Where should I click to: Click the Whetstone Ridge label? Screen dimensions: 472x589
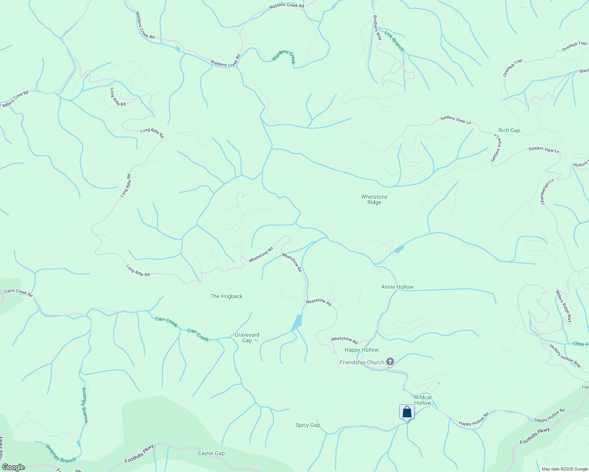pyautogui.click(x=374, y=199)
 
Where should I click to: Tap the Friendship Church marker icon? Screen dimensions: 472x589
pyautogui.click(x=390, y=362)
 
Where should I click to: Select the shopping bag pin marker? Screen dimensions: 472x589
pyautogui.click(x=407, y=413)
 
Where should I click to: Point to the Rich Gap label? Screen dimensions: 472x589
pyautogui.click(x=509, y=130)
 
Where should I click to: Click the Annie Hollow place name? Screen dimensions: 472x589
pyautogui.click(x=397, y=287)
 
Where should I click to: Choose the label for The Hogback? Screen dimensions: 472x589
pyautogui.click(x=226, y=296)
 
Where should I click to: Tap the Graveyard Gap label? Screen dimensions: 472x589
pyautogui.click(x=247, y=337)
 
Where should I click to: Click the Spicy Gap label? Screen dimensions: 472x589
pyautogui.click(x=307, y=425)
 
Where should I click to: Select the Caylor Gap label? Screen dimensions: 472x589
pyautogui.click(x=211, y=453)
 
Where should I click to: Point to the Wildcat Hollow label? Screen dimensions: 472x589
pyautogui.click(x=422, y=400)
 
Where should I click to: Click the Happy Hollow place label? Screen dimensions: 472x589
pyautogui.click(x=361, y=350)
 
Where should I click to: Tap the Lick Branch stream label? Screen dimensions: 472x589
pyautogui.click(x=394, y=41)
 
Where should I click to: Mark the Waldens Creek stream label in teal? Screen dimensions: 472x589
pyautogui.click(x=283, y=57)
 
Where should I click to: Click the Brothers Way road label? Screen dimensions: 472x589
pyautogui.click(x=377, y=28)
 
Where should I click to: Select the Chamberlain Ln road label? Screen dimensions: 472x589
pyautogui.click(x=547, y=192)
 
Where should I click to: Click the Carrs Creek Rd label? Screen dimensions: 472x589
pyautogui.click(x=18, y=293)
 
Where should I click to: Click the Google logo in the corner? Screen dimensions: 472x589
pyautogui.click(x=13, y=467)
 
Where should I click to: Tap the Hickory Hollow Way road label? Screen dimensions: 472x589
pyautogui.click(x=565, y=356)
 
